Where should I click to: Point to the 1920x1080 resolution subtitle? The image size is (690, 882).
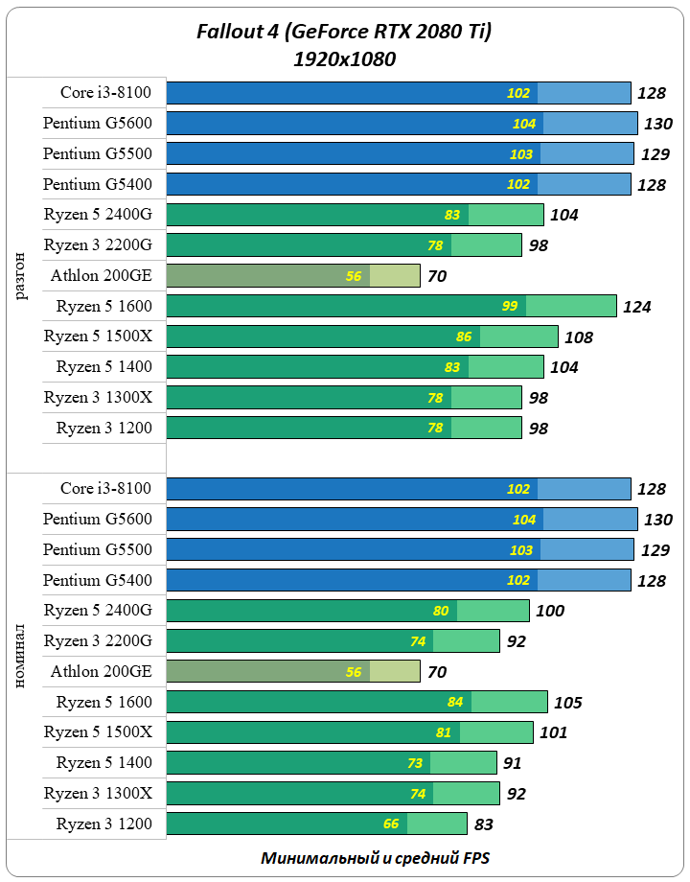point(344,59)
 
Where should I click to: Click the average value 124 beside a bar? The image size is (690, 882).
point(635,307)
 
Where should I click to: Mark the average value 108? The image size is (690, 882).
point(578,337)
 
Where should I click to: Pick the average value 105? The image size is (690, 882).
point(567,703)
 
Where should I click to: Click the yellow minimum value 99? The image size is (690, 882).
point(510,306)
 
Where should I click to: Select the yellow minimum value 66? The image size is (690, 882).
point(391,824)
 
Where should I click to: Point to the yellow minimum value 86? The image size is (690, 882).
point(464,337)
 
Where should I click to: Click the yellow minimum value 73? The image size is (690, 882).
point(413,763)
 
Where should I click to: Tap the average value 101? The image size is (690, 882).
point(553,733)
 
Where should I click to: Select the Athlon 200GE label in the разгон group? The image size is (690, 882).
point(102,276)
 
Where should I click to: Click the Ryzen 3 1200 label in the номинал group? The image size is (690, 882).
point(103,824)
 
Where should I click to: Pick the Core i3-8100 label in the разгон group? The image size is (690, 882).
point(105,92)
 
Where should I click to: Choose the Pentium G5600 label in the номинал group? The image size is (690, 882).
point(98,519)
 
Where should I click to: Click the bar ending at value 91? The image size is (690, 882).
point(331,763)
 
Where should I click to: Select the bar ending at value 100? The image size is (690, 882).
point(347,611)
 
